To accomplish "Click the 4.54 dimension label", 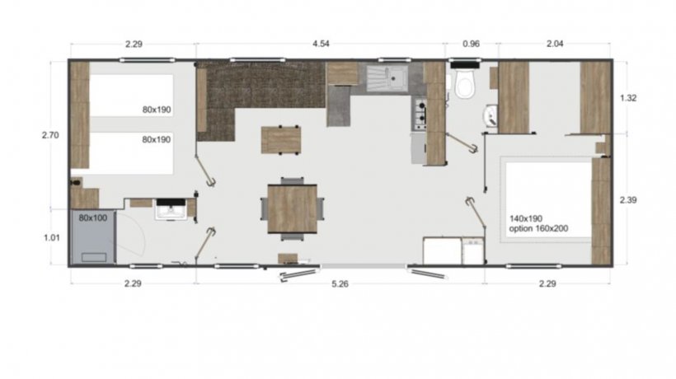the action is (321, 44).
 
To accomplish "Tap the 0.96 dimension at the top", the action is (471, 44).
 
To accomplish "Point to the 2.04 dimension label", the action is (555, 44).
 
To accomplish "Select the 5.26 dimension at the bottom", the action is (340, 283).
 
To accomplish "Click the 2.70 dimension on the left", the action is (50, 135).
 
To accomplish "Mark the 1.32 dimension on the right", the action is (628, 98).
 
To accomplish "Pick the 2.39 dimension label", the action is (628, 200).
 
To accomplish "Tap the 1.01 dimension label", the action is (52, 238).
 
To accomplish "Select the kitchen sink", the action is (387, 78).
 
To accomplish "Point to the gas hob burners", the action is (420, 115).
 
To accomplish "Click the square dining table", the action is (293, 209).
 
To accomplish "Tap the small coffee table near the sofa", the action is (281, 140).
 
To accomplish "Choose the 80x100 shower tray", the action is (93, 236).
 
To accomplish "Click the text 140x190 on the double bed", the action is (525, 219).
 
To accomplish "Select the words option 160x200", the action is (538, 229).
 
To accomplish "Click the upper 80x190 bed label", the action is (157, 110).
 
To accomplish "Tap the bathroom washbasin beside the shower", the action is (171, 210).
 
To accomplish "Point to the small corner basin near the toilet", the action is (491, 115).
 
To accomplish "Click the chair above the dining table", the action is (293, 180).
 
